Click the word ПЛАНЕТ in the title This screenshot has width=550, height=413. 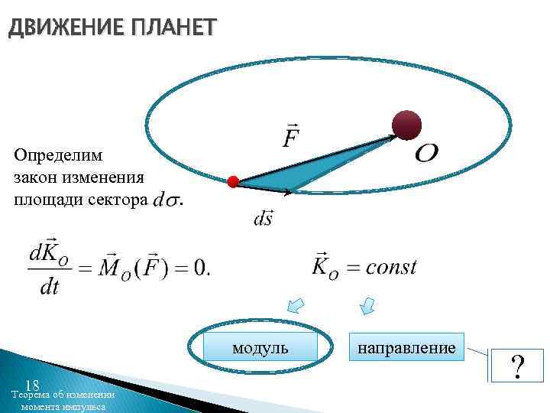173,28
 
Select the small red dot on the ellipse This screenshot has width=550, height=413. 234,182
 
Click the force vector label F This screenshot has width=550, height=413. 291,138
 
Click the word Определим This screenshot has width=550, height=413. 58,154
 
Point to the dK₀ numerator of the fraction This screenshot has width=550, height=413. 48,252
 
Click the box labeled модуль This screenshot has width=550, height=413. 260,348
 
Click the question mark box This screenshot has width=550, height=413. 518,366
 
